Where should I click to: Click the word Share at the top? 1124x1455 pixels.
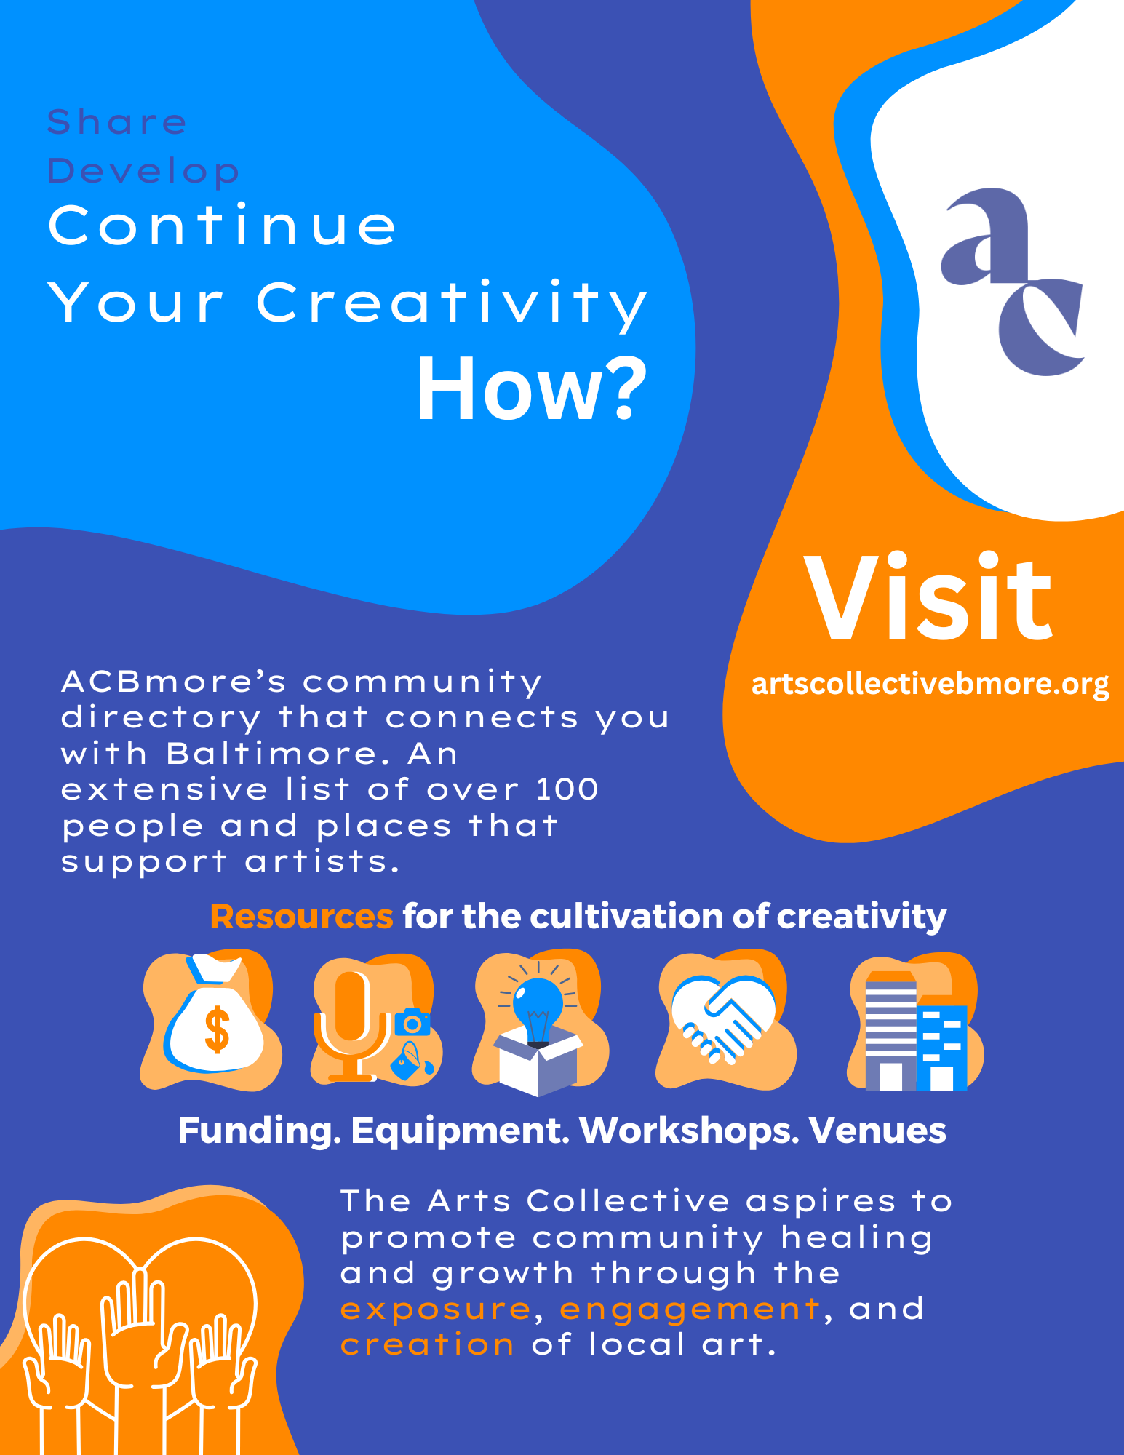(117, 121)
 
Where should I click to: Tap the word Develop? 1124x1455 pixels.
(143, 172)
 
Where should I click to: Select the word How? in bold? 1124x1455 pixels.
(531, 388)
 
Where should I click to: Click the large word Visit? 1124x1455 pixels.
(928, 598)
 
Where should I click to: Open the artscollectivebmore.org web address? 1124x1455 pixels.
(930, 684)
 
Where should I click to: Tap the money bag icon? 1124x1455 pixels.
(212, 1018)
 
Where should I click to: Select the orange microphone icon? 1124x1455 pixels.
(351, 1022)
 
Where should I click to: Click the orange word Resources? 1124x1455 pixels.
(301, 917)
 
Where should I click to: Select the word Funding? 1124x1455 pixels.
(259, 1131)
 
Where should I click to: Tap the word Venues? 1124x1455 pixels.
(877, 1131)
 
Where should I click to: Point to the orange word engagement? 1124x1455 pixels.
(690, 1309)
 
